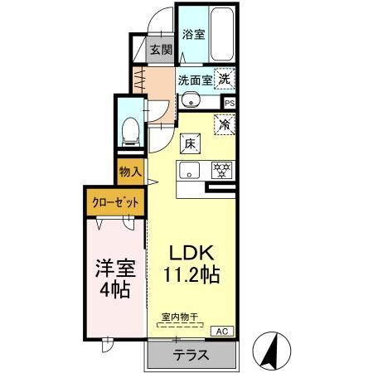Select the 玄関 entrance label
(x=161, y=50)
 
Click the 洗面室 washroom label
(x=196, y=80)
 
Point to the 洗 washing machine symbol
(x=225, y=80)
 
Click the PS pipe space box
(x=230, y=104)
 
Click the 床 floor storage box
(x=190, y=143)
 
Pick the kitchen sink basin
(x=187, y=172)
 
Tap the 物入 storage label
(x=130, y=173)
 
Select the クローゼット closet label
(x=114, y=201)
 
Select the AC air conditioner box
(x=222, y=331)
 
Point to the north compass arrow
(x=269, y=351)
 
